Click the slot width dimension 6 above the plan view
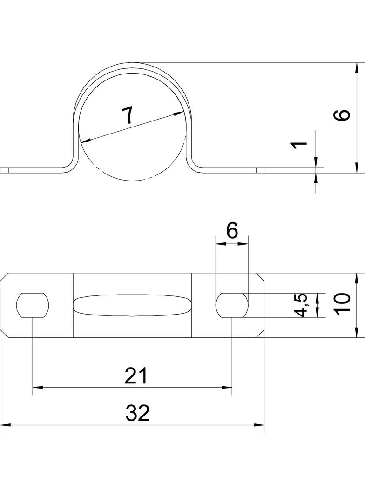click(232, 231)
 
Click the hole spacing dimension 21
click(136, 375)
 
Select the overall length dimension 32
click(138, 413)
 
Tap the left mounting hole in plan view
click(33, 305)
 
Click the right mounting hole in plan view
click(232, 305)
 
